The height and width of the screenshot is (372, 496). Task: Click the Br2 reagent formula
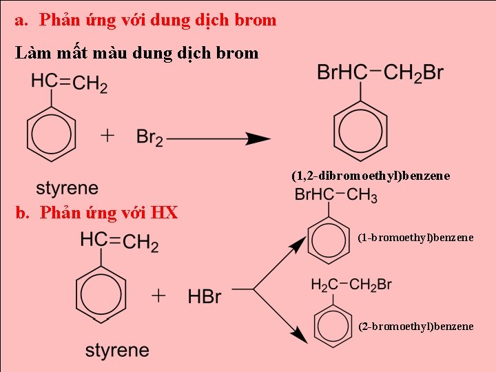point(149,137)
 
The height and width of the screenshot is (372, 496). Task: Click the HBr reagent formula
point(205,296)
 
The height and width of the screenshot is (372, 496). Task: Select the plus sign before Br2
point(107,136)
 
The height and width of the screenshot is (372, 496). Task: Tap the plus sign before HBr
point(158,296)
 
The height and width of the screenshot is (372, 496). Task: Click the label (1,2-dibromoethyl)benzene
point(371,176)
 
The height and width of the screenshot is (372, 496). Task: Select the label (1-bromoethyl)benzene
point(415,238)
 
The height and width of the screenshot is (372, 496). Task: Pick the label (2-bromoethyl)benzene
point(415,326)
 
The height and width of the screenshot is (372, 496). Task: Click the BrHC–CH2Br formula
point(380,73)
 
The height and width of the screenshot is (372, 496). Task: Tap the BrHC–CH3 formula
point(335,195)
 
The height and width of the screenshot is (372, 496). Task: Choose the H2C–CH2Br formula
point(351,285)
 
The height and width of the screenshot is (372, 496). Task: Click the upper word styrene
point(67,188)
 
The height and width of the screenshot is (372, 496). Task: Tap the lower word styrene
point(117,350)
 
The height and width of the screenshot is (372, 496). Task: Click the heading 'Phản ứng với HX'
point(108,213)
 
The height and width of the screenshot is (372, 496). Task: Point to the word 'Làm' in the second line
point(32,52)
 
